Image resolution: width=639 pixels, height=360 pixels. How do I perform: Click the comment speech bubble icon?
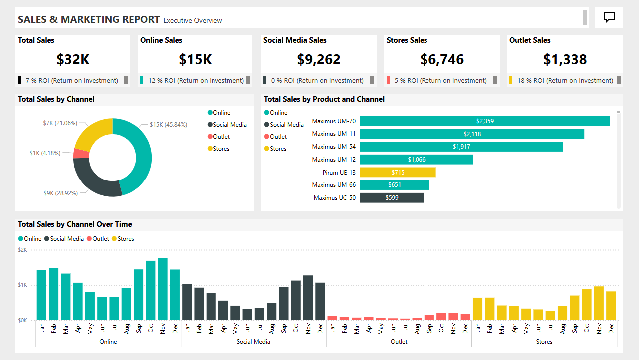pyautogui.click(x=609, y=17)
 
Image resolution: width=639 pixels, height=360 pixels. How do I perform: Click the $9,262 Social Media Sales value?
pyautogui.click(x=318, y=60)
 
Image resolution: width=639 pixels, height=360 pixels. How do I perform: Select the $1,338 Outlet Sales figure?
pyautogui.click(x=565, y=60)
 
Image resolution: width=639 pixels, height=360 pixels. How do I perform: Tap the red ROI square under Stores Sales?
pyautogui.click(x=389, y=80)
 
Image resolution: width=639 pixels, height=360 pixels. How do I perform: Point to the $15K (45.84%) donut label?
pyautogui.click(x=168, y=124)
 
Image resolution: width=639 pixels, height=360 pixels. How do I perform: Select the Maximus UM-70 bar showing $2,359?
pyautogui.click(x=484, y=121)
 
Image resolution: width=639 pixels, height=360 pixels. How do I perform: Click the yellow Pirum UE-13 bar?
pyautogui.click(x=398, y=172)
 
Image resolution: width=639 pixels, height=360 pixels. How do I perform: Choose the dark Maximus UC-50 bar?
pyautogui.click(x=392, y=198)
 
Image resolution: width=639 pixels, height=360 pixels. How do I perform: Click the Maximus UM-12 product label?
pyautogui.click(x=334, y=160)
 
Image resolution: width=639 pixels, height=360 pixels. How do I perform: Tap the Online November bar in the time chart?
pyautogui.click(x=163, y=289)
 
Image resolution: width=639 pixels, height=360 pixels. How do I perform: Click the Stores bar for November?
pyautogui.click(x=599, y=303)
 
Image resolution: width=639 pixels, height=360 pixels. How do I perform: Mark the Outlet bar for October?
pyautogui.click(x=441, y=317)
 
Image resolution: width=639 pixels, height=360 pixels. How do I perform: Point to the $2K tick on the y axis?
pyautogui.click(x=23, y=250)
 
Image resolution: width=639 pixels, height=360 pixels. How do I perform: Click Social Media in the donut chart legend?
pyautogui.click(x=229, y=125)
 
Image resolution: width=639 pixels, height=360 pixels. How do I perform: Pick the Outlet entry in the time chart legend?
pyautogui.click(x=100, y=239)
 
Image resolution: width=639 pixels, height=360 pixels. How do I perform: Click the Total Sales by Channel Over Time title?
pyautogui.click(x=75, y=224)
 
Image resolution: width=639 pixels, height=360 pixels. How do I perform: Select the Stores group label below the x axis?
pyautogui.click(x=544, y=342)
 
